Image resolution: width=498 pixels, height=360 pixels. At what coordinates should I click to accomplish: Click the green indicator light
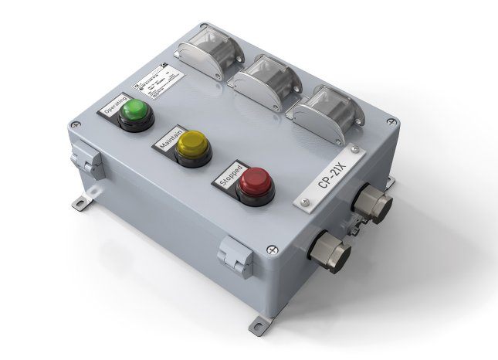click(x=135, y=110)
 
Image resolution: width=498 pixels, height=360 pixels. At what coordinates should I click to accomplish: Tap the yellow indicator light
click(x=192, y=145)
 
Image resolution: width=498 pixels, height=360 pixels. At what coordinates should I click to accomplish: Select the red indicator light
click(x=253, y=184)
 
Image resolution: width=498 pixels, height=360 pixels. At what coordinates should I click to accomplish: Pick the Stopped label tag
click(x=229, y=175)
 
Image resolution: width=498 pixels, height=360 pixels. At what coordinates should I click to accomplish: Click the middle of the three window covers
click(x=266, y=80)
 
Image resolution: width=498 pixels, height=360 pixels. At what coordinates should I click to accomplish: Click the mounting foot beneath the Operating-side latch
click(x=82, y=202)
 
